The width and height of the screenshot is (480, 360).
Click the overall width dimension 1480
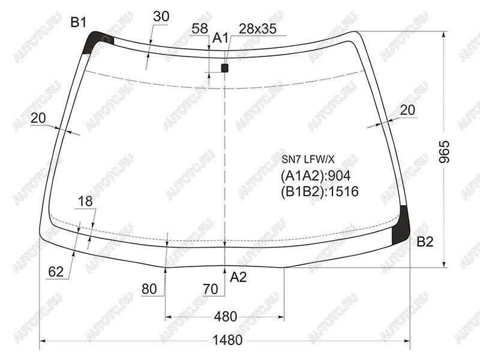(x=227, y=340)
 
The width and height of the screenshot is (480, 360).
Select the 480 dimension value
(x=226, y=317)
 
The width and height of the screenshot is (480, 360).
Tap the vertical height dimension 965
(x=444, y=151)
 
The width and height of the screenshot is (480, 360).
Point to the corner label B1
(x=79, y=22)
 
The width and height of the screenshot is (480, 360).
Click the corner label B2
(x=425, y=242)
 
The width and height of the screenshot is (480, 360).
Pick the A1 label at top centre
(x=220, y=38)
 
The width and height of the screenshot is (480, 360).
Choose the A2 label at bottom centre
(x=238, y=277)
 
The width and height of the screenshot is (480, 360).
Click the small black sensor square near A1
(x=224, y=68)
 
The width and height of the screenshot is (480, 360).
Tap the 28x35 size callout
(x=257, y=29)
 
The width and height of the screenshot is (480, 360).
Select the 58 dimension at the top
(x=200, y=28)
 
